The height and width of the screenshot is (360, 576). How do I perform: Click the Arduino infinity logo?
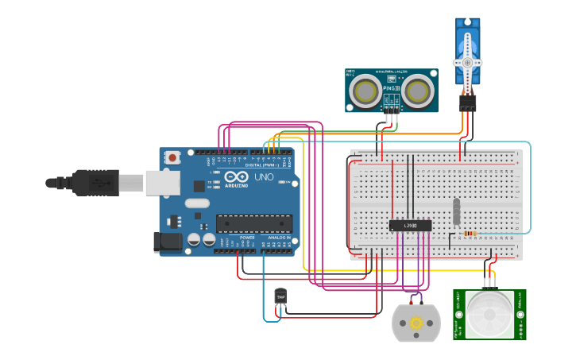pyautogui.click(x=236, y=176)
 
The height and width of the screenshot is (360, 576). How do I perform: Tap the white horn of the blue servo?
pyautogui.click(x=467, y=62)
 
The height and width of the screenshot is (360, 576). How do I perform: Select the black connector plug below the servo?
pyautogui.click(x=467, y=103)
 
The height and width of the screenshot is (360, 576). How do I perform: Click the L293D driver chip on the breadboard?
pyautogui.click(x=410, y=226)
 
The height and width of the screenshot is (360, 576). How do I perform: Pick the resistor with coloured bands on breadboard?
pyautogui.click(x=470, y=234)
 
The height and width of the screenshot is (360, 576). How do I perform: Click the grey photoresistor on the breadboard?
pyautogui.click(x=456, y=211)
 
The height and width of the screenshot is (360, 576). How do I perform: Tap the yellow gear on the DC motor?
pyautogui.click(x=416, y=323)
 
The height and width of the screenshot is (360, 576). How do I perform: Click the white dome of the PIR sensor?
pyautogui.click(x=489, y=313)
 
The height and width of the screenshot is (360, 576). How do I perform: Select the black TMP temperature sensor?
pyautogui.click(x=280, y=296)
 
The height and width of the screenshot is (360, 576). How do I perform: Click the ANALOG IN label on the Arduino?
pyautogui.click(x=278, y=238)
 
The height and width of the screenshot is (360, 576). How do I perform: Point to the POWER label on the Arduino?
pyautogui.click(x=247, y=238)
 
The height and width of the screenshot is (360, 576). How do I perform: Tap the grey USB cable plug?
pyautogui.click(x=95, y=183)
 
